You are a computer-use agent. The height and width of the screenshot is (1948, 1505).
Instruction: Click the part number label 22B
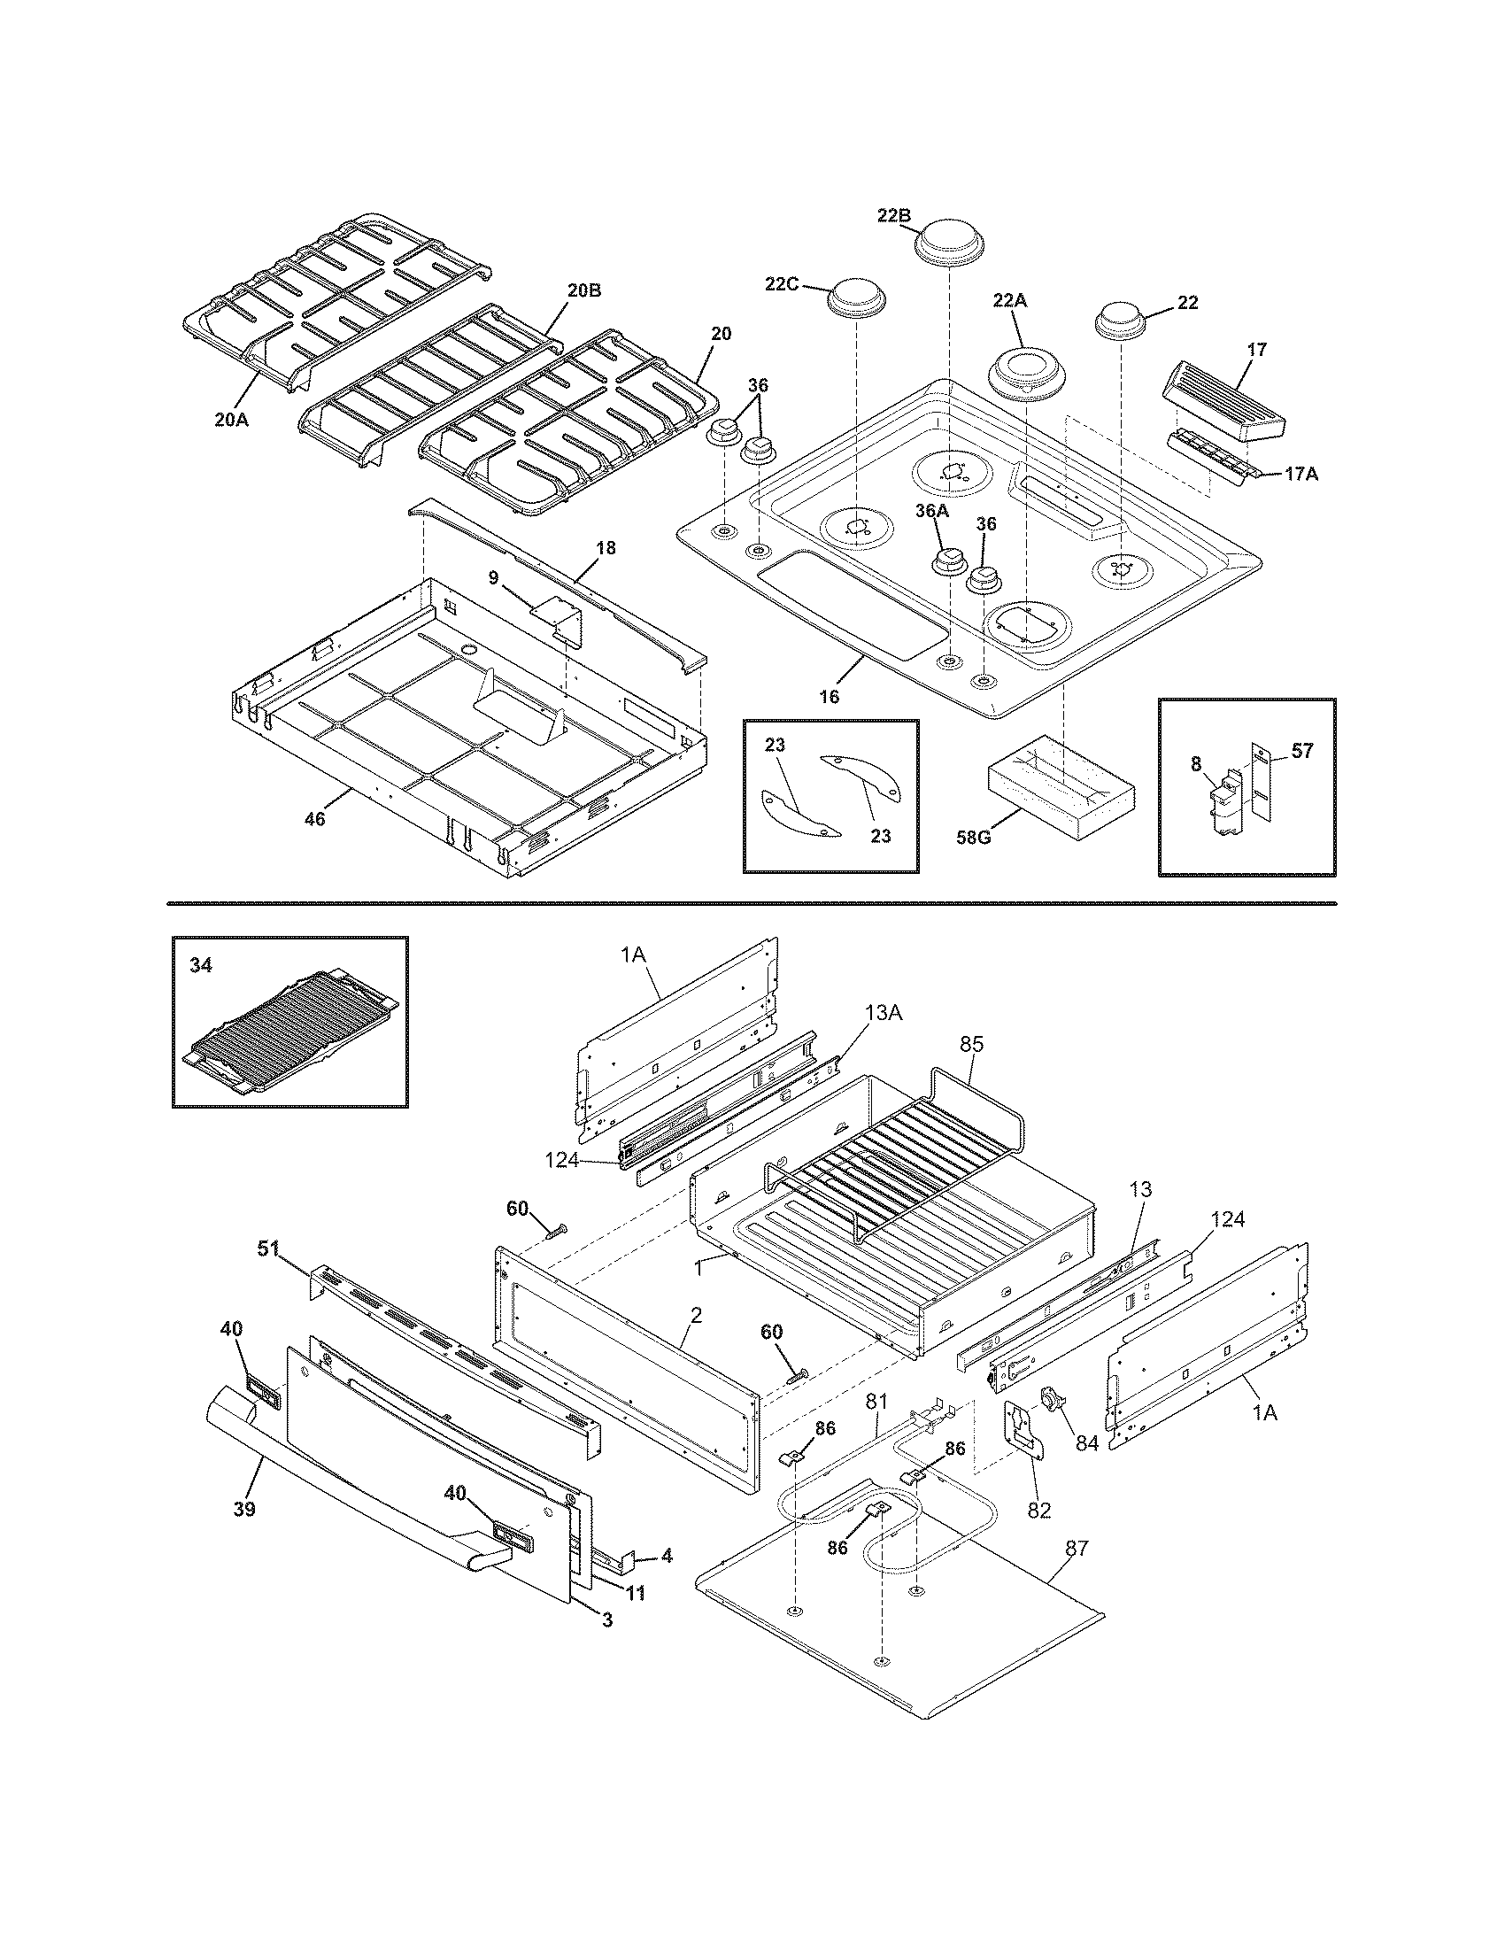tap(892, 215)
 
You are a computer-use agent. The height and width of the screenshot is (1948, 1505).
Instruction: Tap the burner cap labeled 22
tap(1120, 321)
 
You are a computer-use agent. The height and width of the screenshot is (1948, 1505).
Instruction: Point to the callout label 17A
tap(1300, 475)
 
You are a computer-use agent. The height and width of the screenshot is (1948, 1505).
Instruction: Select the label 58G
tap(973, 838)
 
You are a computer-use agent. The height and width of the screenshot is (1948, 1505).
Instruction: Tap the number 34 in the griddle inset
tap(201, 964)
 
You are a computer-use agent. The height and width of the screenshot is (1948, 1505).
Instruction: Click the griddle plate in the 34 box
tap(289, 1034)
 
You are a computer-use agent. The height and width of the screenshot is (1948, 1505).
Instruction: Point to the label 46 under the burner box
tap(315, 818)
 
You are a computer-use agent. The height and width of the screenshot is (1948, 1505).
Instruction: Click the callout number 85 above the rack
tap(971, 1044)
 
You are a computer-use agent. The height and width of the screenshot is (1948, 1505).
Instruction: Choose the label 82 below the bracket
tap(1039, 1509)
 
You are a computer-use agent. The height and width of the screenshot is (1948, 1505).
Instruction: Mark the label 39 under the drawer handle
tap(244, 1508)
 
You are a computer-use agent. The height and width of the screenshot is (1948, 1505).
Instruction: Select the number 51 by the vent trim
tap(268, 1248)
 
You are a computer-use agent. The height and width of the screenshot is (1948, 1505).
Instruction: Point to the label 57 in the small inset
tap(1301, 751)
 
